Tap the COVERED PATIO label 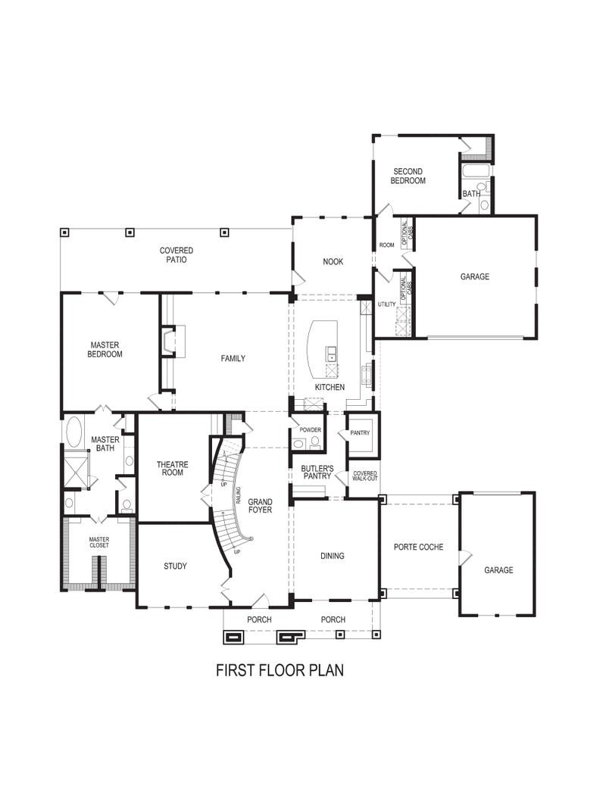tap(176, 255)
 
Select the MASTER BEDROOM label tap(105, 349)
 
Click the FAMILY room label tap(233, 358)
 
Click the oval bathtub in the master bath tap(75, 432)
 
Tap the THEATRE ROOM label tap(172, 469)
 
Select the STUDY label tap(175, 566)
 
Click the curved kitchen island tap(322, 348)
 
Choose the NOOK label tap(333, 261)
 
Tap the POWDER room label tap(310, 429)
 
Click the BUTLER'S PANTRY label tap(317, 473)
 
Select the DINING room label tap(332, 556)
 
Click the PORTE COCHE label tap(418, 547)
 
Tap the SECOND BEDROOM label tap(408, 176)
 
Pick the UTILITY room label tap(386, 304)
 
